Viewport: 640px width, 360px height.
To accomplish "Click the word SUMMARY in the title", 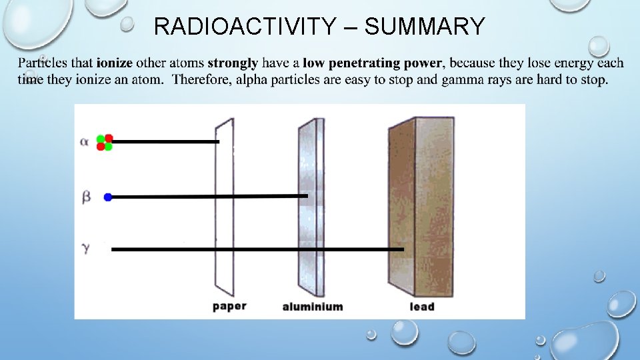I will (425, 27).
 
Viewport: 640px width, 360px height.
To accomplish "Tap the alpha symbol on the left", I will (84, 142).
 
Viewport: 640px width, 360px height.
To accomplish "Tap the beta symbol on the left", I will (85, 197).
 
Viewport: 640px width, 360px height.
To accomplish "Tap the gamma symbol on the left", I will (85, 248).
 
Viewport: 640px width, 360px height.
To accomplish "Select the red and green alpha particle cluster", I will (105, 143).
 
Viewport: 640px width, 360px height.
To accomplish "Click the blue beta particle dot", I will (108, 197).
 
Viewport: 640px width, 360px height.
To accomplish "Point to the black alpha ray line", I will (167, 142).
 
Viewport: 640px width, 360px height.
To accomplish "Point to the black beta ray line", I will (207, 197).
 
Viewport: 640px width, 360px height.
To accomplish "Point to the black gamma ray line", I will (257, 249).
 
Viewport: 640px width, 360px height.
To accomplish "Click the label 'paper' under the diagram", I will (229, 306).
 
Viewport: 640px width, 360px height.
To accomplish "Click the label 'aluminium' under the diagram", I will (313, 307).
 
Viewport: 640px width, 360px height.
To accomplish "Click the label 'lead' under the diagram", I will (422, 307).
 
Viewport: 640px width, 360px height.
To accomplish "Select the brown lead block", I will (420, 207).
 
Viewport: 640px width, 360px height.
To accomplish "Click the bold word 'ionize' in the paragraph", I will (114, 64).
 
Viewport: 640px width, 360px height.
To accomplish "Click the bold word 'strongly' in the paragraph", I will (233, 64).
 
